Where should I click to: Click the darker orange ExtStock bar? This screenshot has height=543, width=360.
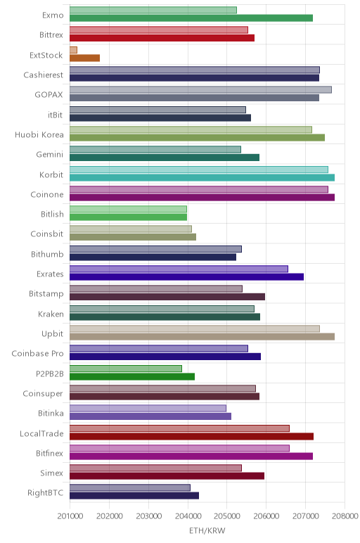[x=84, y=58]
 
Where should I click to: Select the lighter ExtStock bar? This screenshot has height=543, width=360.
[x=73, y=50]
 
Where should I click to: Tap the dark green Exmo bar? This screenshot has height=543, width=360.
[x=191, y=18]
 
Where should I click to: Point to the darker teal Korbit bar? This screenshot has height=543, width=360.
[x=202, y=178]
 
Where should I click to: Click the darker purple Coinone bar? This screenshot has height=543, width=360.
[x=202, y=198]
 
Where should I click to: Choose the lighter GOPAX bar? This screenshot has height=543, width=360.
[x=200, y=90]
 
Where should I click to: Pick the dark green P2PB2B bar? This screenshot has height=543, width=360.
[x=132, y=376]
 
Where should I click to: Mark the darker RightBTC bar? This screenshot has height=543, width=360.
[x=134, y=496]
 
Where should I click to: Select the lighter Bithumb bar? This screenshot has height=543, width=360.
[x=155, y=249]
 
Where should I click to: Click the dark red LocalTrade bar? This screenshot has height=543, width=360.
[x=191, y=436]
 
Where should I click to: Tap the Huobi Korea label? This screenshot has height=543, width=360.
[x=39, y=135]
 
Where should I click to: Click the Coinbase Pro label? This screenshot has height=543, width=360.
[x=37, y=354]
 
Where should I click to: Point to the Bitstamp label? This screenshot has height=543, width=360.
[x=46, y=294]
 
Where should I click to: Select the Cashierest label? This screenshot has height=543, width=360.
[x=44, y=75]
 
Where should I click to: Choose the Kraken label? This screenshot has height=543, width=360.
[x=51, y=314]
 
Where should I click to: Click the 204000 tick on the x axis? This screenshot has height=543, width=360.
[x=188, y=516]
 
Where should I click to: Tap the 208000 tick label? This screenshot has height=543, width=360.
[x=345, y=516]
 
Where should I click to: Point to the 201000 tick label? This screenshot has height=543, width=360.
[x=70, y=516]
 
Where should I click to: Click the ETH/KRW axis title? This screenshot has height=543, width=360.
[x=207, y=530]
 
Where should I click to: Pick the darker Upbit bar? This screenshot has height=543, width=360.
[x=202, y=337]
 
